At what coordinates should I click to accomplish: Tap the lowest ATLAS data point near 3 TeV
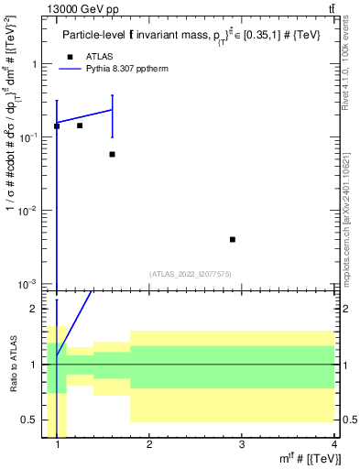(233, 239)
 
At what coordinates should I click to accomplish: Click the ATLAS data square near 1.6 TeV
(112, 154)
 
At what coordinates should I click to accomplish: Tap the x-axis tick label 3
(242, 445)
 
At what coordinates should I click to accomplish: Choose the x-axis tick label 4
(333, 445)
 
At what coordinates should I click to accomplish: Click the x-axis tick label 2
(149, 445)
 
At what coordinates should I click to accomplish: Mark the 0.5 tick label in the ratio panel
(29, 420)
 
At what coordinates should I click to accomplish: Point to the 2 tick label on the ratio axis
(35, 309)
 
